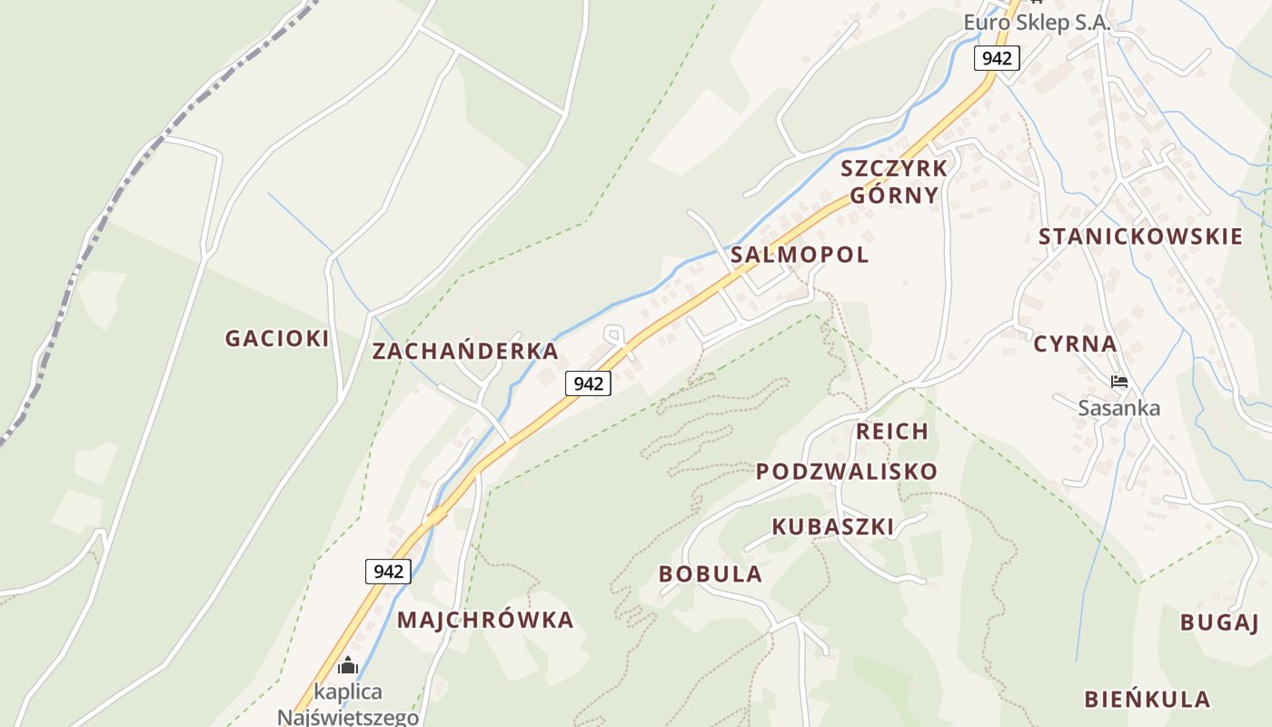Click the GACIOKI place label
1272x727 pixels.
277,338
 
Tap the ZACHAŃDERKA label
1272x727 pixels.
465,351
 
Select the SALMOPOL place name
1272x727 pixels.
800,254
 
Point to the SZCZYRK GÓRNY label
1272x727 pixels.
894,181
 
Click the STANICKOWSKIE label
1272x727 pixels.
1140,237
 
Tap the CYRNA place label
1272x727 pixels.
1075,344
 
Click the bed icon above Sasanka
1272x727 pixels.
1119,382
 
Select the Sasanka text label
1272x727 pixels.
1119,408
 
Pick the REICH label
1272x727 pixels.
892,431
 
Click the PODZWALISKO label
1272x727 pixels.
847,471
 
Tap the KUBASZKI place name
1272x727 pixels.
832,525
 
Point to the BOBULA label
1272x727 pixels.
711,573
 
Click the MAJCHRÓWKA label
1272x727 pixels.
485,620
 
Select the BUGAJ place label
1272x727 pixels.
1218,622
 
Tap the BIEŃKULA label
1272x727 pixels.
1147,699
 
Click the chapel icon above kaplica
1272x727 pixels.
348,666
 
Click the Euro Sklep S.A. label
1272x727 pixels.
1037,23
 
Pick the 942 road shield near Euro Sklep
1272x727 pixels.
997,59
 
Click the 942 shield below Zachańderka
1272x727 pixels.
588,383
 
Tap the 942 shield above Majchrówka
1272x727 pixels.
388,572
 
